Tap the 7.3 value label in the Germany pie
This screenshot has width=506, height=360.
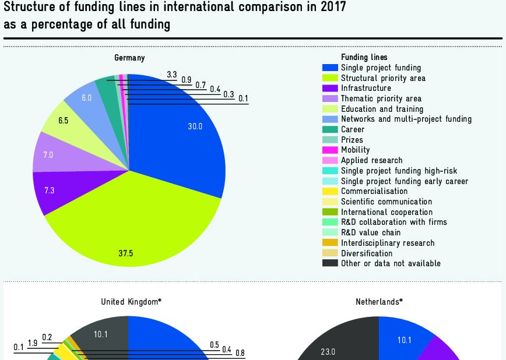tap(49, 190)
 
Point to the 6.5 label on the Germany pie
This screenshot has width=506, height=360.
tap(63, 121)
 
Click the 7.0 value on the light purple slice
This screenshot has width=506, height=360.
tap(48, 155)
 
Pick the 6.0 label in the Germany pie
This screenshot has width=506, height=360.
tap(86, 98)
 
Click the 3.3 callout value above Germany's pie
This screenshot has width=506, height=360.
tap(171, 75)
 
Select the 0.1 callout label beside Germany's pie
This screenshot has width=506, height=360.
tap(243, 99)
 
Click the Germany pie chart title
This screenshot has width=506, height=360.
tap(129, 58)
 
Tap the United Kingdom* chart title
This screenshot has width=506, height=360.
tap(131, 302)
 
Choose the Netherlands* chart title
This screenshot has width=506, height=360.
tap(379, 302)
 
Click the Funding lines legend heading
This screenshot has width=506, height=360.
tap(364, 58)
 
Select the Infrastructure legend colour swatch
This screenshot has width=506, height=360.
tap(330, 89)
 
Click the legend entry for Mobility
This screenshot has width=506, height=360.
tap(355, 150)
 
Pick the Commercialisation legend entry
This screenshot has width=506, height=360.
tap(374, 191)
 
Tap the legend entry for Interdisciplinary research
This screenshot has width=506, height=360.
tap(387, 243)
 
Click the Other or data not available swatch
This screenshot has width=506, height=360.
tap(330, 263)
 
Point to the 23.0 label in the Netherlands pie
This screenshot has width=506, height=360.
tap(328, 352)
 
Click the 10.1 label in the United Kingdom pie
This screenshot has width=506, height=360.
tap(101, 334)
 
